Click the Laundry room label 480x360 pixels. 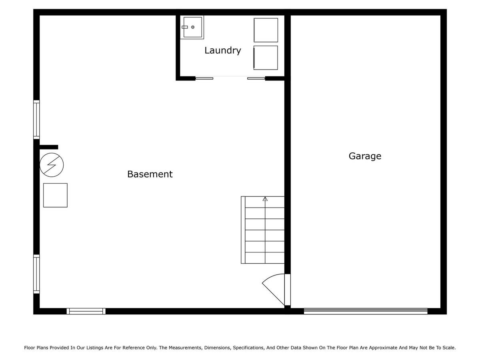coord(223,50)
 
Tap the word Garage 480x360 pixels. coord(365,156)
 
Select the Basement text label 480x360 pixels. coord(150,174)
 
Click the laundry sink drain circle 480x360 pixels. coord(193,27)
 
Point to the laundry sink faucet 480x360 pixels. coord(184,27)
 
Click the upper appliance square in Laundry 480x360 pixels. coord(266,30)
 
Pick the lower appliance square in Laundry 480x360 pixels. coord(266,58)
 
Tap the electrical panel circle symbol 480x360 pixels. coord(52,165)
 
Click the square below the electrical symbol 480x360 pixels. coord(55,195)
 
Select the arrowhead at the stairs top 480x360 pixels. coord(265,199)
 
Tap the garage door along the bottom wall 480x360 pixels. coord(366,311)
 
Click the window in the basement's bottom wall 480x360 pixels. coord(86,311)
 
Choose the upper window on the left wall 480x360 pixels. coord(36,120)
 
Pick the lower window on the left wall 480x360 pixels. coord(36,274)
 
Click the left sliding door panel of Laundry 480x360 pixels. coord(204,78)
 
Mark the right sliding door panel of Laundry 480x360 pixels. coord(256,78)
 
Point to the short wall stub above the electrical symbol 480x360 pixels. coord(49,147)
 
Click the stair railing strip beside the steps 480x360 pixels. coord(243,230)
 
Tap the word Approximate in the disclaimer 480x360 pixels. coord(383,348)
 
